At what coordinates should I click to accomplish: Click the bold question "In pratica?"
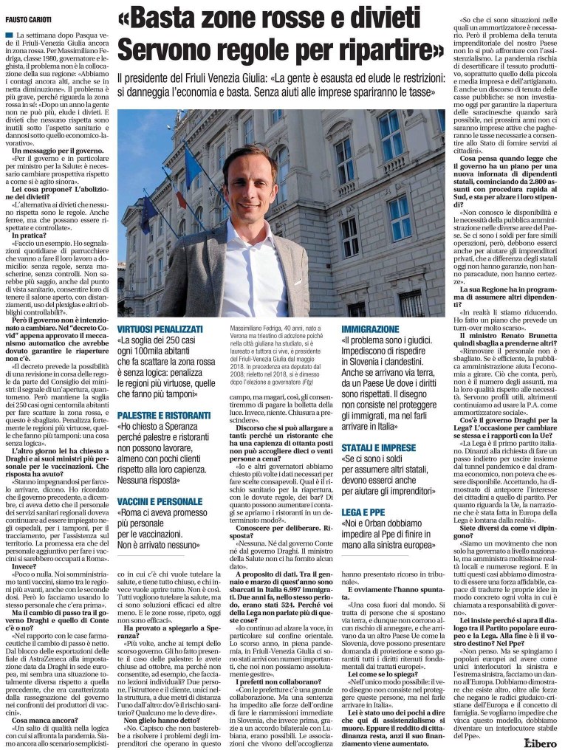[x=37, y=235]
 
